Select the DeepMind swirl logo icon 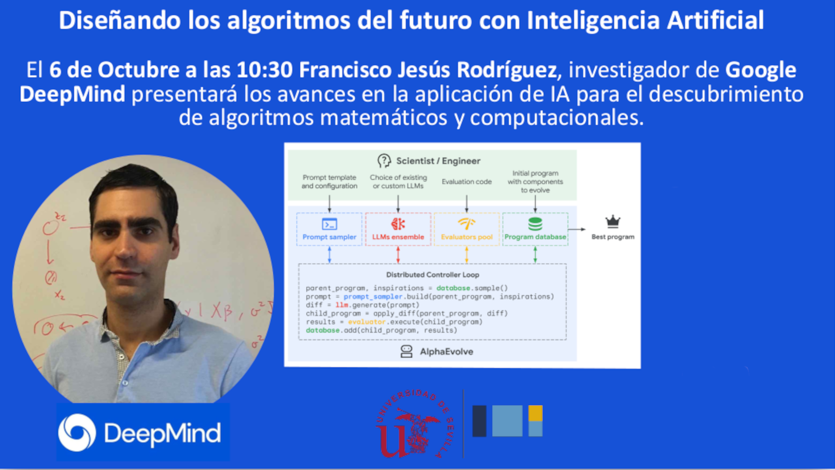77,433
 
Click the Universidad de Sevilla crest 415,423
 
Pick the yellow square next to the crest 535,413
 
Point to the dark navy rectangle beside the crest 479,421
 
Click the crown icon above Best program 613,222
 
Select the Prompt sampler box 329,229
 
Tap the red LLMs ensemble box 398,229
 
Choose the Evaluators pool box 467,229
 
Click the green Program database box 535,229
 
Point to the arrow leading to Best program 577,229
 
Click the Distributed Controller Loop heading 433,275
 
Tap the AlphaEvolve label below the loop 446,352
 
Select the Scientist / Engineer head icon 384,161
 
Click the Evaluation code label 467,181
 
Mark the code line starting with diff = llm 363,305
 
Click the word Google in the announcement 761,70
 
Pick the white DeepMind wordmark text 162,433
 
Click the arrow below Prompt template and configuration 329,203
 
